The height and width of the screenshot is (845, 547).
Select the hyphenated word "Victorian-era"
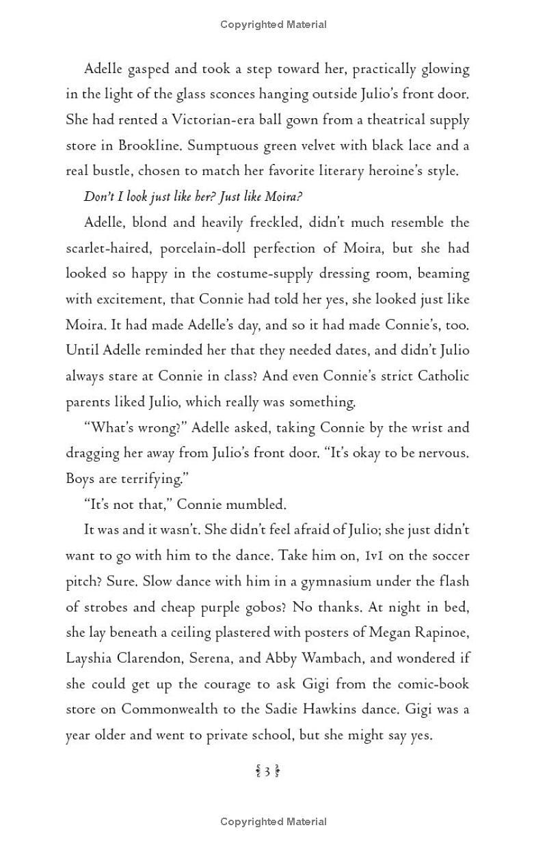(x=209, y=120)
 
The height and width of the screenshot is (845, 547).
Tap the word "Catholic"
(x=435, y=376)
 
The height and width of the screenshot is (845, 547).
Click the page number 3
(x=267, y=773)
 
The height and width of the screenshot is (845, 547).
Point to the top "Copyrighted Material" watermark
(x=273, y=25)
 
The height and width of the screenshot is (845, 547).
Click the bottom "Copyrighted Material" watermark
(x=273, y=822)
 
